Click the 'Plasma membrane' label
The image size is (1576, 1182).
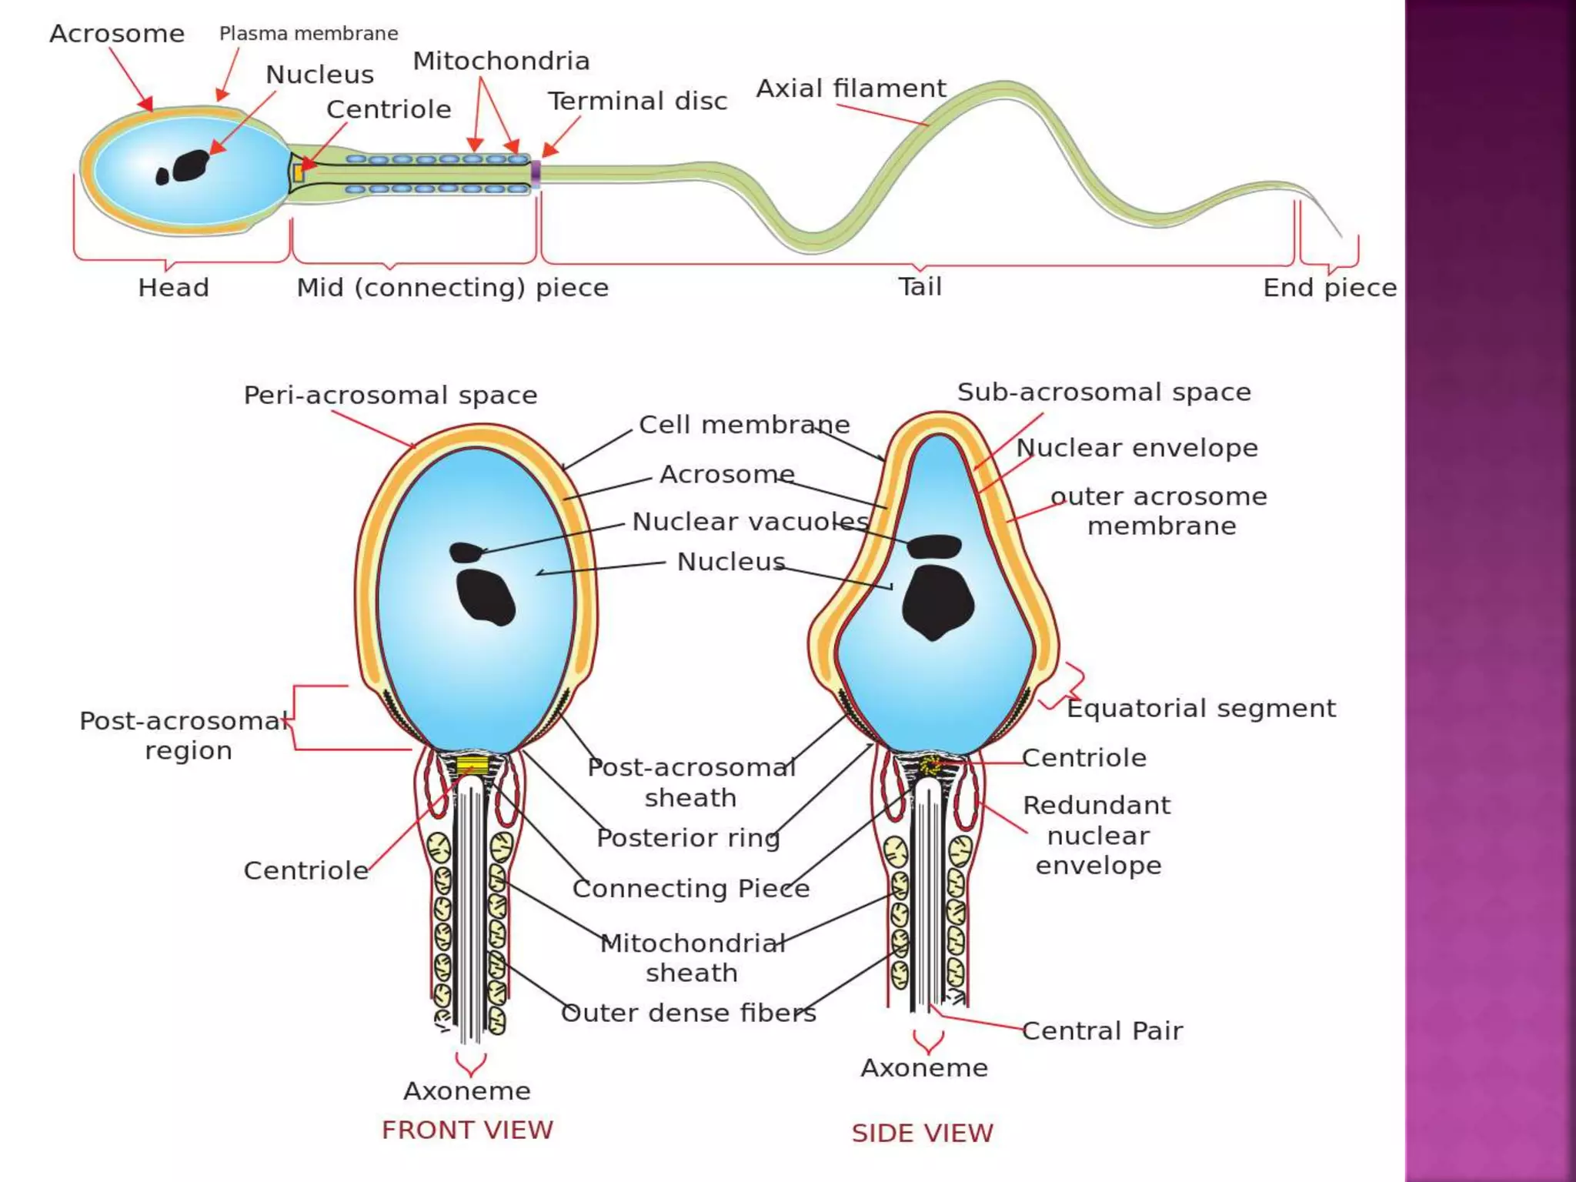[x=309, y=34]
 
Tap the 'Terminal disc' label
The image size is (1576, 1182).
[x=637, y=101]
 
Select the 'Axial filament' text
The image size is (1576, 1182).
[x=850, y=88]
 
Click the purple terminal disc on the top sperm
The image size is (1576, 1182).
[x=536, y=173]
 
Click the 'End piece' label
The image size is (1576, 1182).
[x=1329, y=288]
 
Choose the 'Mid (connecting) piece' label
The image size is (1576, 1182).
[x=452, y=288]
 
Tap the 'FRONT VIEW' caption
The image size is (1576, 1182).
[x=467, y=1130]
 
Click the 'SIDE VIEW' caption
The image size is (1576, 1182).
[x=922, y=1133]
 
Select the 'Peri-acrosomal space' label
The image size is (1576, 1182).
[x=390, y=396]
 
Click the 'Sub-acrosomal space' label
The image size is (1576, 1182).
[x=1104, y=392]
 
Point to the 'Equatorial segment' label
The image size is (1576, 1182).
[x=1200, y=708]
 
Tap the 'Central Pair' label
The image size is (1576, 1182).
[x=1102, y=1030]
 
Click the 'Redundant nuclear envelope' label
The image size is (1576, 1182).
[x=1097, y=835]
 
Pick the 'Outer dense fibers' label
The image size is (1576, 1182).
[x=688, y=1013]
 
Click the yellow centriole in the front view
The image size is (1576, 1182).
[x=472, y=765]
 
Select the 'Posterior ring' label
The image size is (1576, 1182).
[x=688, y=837]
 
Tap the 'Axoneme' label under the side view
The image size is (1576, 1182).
[x=923, y=1067]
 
